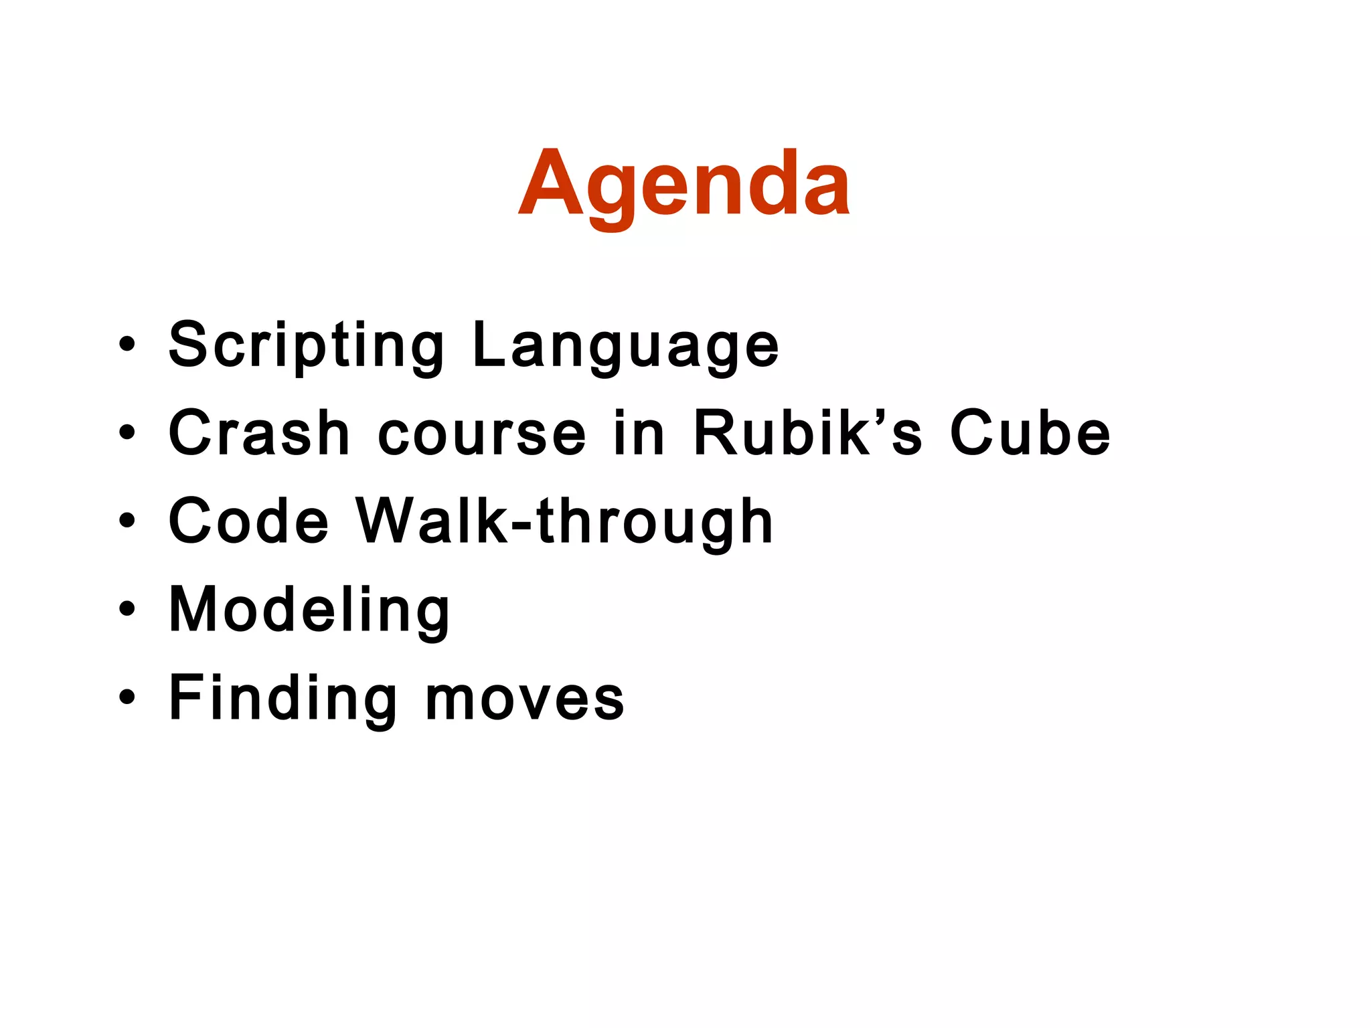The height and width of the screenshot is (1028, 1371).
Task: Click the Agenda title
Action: click(684, 184)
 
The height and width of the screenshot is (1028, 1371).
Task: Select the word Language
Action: click(625, 345)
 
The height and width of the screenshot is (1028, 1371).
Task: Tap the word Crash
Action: click(259, 434)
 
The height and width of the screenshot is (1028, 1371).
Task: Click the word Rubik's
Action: click(808, 434)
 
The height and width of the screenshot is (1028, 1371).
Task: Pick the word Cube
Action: click(1030, 434)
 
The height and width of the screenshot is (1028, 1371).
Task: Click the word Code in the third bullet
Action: click(248, 521)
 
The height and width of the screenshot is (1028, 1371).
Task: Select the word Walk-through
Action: click(564, 522)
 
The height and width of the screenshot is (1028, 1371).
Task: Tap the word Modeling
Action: click(309, 610)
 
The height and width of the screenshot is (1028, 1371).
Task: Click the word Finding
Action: click(283, 698)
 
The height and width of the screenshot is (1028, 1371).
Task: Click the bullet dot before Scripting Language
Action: click(127, 345)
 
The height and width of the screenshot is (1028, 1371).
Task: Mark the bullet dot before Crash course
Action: click(127, 433)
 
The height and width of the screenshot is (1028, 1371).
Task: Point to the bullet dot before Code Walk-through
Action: click(127, 521)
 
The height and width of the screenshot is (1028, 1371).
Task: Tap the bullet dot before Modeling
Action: click(127, 609)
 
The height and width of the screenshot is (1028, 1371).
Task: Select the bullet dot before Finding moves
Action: click(127, 697)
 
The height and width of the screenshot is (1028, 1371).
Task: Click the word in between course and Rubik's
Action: click(639, 434)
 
